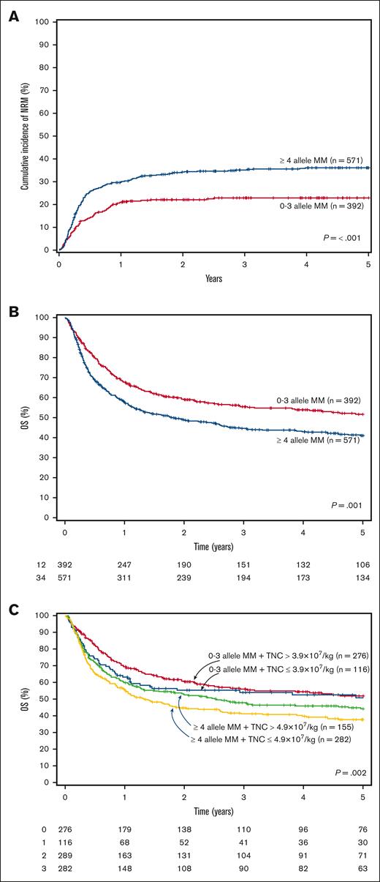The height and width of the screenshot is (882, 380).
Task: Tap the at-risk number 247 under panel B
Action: [x=126, y=565]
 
